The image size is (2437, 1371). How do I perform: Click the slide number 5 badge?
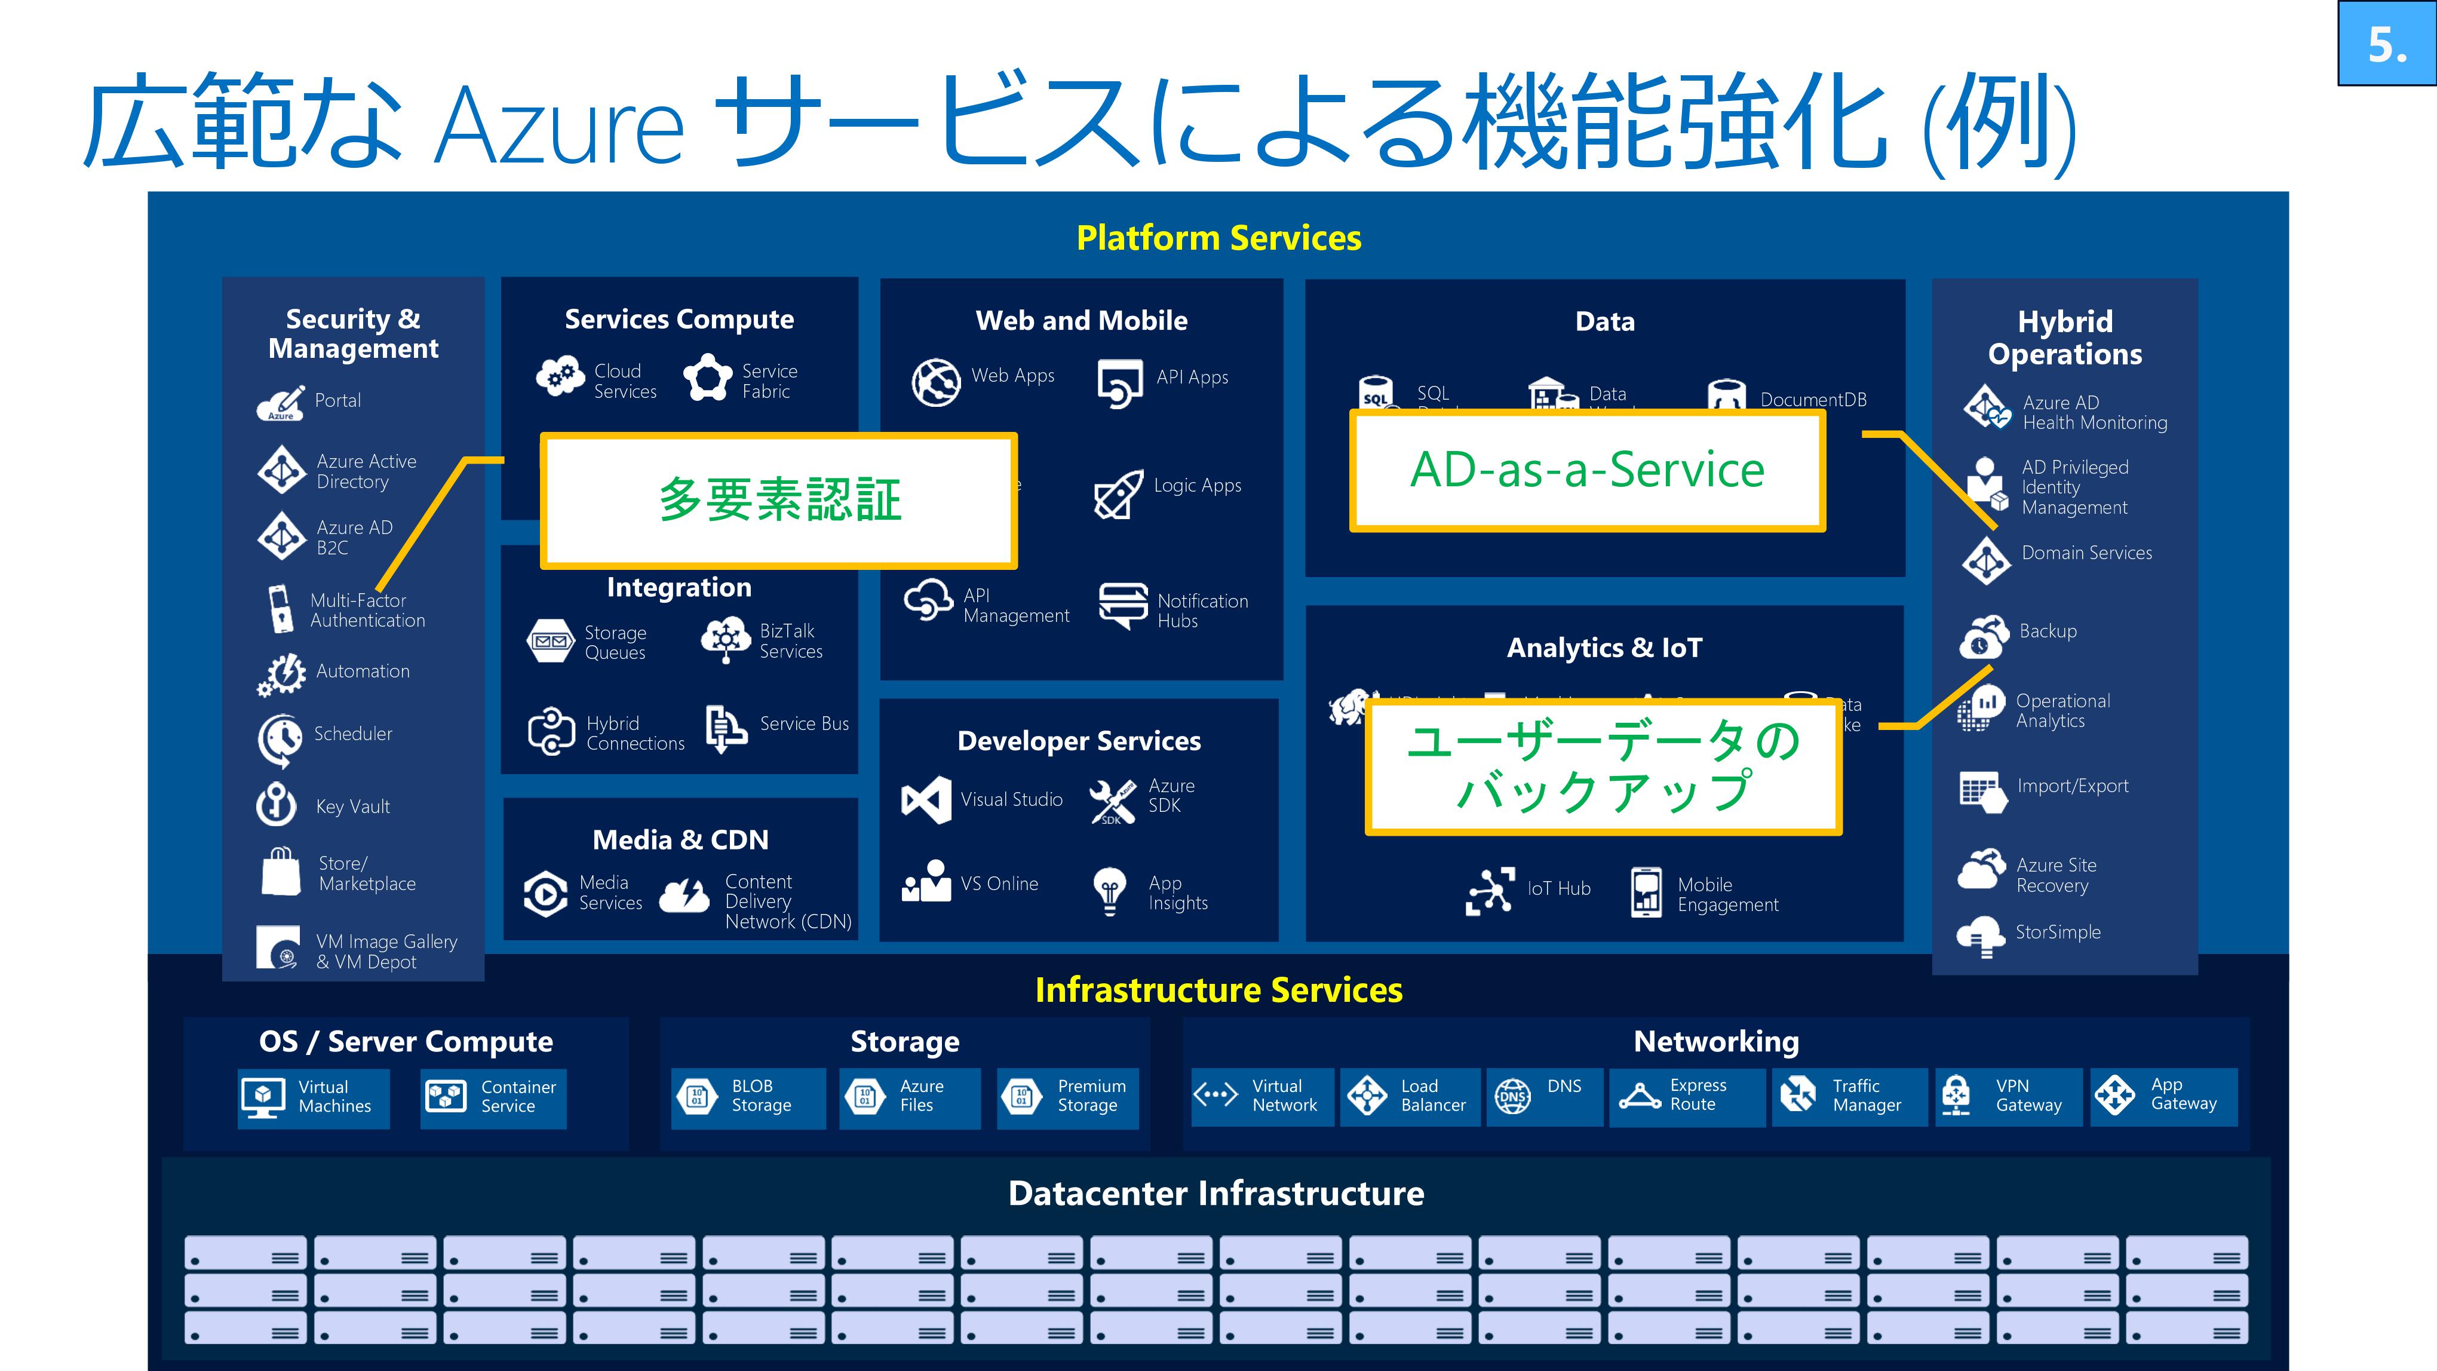coord(2386,44)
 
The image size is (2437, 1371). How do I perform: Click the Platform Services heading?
coord(1218,238)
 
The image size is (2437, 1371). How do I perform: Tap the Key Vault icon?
coord(276,804)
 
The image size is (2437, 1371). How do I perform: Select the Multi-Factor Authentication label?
coord(367,611)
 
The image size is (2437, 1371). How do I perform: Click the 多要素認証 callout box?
coord(779,501)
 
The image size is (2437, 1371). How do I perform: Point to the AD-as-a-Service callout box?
coord(1586,470)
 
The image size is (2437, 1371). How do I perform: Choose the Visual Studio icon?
coord(926,799)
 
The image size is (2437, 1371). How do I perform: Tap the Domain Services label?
coord(2086,553)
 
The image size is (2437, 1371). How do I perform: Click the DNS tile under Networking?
coord(1544,1097)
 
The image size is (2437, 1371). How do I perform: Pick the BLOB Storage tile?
coord(747,1097)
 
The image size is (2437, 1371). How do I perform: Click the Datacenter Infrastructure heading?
coord(1216,1193)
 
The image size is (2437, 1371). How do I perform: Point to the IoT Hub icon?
coord(1489,890)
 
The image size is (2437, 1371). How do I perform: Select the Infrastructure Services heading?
coord(1218,990)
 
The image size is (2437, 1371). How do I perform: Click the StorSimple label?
coord(2058,932)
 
